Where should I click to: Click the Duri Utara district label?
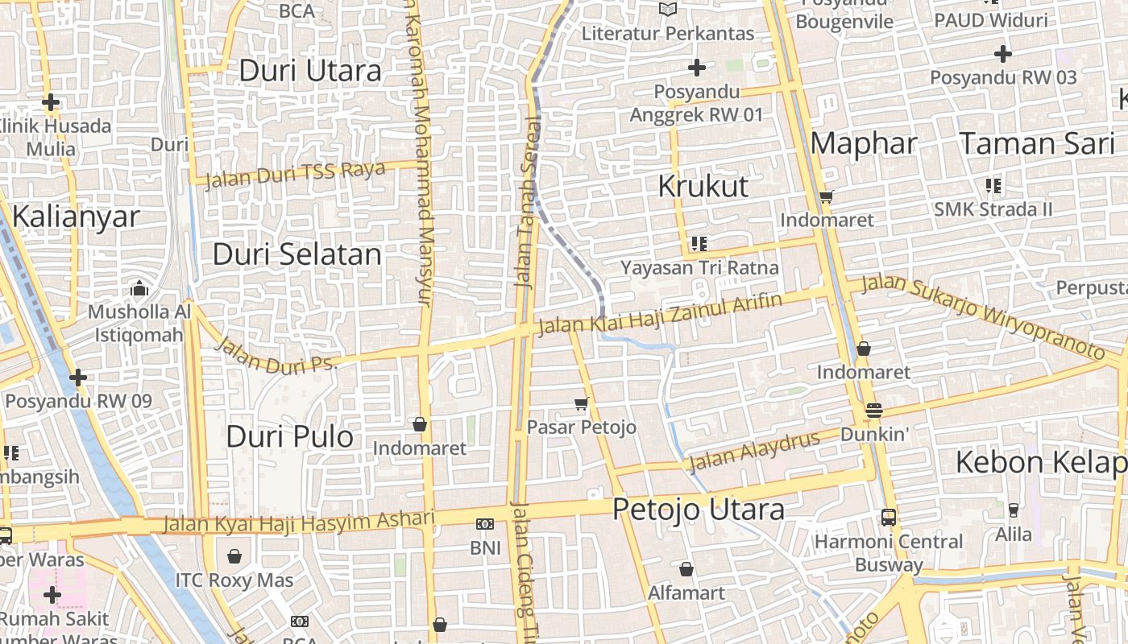click(x=310, y=71)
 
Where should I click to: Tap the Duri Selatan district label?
click(x=297, y=254)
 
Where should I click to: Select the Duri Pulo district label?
click(x=289, y=437)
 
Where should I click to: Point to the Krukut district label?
click(x=703, y=186)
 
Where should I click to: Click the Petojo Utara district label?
click(x=698, y=510)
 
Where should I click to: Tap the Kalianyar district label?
click(x=76, y=217)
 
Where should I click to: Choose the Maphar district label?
click(x=864, y=143)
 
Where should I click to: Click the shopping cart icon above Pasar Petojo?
click(x=581, y=403)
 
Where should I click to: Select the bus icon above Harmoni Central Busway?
click(x=888, y=518)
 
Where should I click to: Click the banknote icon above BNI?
click(x=485, y=524)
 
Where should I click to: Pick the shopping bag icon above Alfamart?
click(x=686, y=569)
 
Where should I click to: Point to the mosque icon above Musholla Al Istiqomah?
click(x=139, y=288)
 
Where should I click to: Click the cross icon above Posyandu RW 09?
click(x=78, y=377)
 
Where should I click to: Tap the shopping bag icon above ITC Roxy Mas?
click(x=234, y=556)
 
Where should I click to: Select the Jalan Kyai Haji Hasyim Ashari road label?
click(x=298, y=522)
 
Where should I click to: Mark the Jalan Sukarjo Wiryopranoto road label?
click(x=982, y=316)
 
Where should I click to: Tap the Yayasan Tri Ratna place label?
click(x=699, y=267)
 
